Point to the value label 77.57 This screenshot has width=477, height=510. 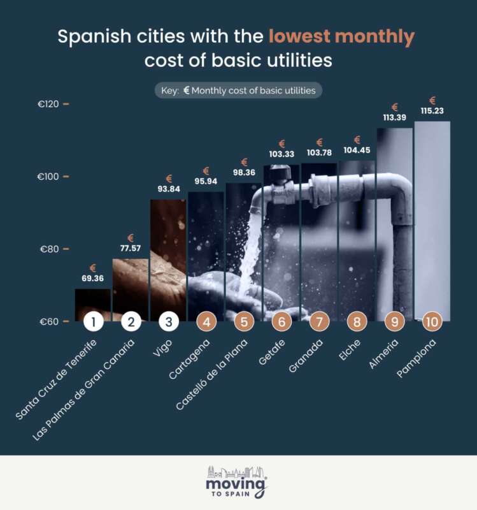pos(131,248)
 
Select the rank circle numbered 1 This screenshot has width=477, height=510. pos(93,321)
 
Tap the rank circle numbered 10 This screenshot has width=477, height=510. pos(432,321)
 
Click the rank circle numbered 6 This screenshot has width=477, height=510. pos(281,321)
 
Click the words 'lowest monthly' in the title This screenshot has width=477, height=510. pos(341,37)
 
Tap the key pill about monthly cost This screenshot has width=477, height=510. pos(238,91)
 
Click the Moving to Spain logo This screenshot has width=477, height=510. pos(238,481)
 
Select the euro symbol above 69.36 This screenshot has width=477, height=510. pos(93,268)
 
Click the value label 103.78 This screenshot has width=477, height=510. pos(319,154)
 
